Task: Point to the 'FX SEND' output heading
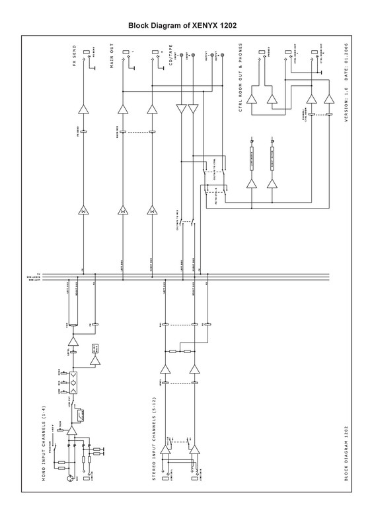(x=75, y=59)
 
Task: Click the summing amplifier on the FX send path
(x=84, y=211)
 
